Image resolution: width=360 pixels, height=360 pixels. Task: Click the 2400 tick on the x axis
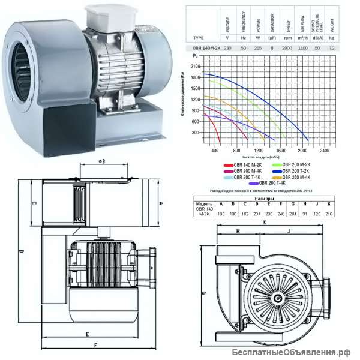325,150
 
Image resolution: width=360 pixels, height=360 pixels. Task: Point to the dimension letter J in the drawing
289,230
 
